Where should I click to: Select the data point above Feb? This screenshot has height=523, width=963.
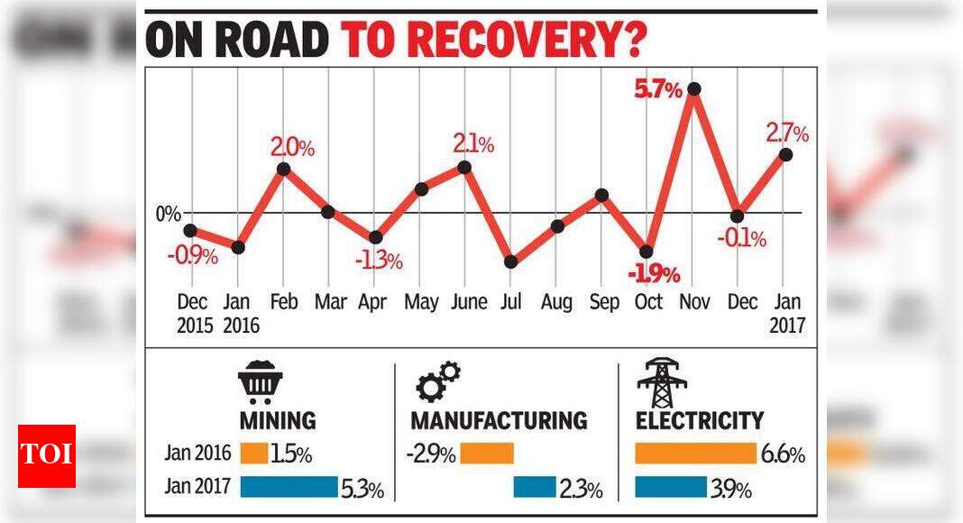283,169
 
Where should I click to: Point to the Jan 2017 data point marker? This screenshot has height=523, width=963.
785,154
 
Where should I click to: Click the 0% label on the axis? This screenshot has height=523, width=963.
167,214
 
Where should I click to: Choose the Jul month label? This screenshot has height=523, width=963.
511,302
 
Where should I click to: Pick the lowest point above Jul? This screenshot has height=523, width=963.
511,261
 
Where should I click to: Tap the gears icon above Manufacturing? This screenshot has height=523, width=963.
438,381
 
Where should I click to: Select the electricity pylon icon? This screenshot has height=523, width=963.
662,383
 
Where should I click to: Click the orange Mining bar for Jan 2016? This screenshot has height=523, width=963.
254,454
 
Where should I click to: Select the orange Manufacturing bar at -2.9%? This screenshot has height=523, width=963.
487,454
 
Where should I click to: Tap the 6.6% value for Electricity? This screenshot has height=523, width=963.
782,454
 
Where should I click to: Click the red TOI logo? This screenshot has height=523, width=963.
47,455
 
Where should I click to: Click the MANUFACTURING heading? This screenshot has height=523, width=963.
499,420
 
